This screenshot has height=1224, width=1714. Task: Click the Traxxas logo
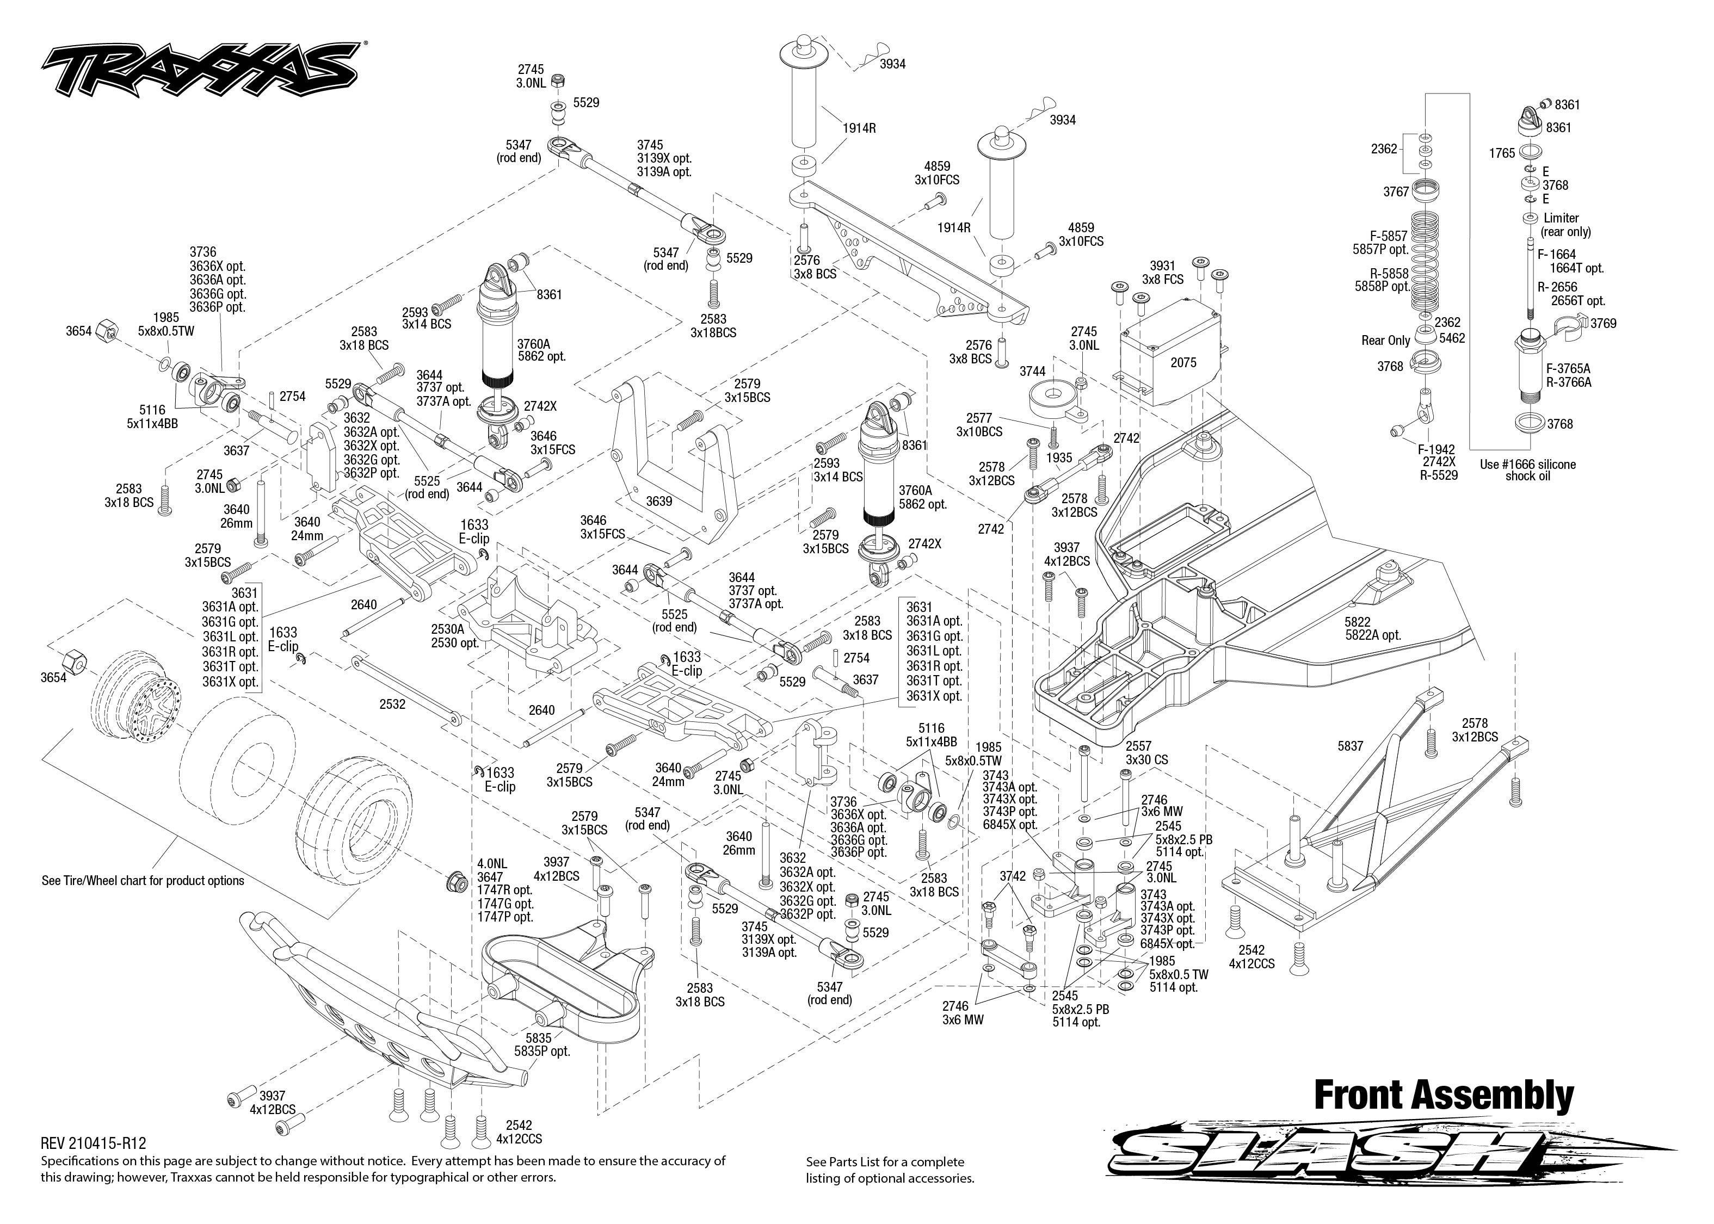coord(200,72)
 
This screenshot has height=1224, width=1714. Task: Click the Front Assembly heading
coord(1444,1095)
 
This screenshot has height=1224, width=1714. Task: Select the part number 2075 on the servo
coord(1182,362)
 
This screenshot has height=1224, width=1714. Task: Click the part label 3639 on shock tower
coord(659,501)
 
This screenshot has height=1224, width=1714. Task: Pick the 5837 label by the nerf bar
coord(1350,746)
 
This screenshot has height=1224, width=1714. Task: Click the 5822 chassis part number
coord(1357,622)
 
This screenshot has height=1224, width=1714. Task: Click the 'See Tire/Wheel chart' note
coord(143,880)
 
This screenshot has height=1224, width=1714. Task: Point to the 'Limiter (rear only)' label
coord(1565,225)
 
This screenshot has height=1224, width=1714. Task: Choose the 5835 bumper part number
coord(539,1038)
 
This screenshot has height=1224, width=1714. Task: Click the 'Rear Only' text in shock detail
coord(1385,341)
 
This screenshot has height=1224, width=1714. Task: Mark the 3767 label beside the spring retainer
coord(1395,191)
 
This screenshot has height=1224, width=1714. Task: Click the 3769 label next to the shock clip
coord(1603,323)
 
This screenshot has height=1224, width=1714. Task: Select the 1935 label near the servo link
coord(1059,458)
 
